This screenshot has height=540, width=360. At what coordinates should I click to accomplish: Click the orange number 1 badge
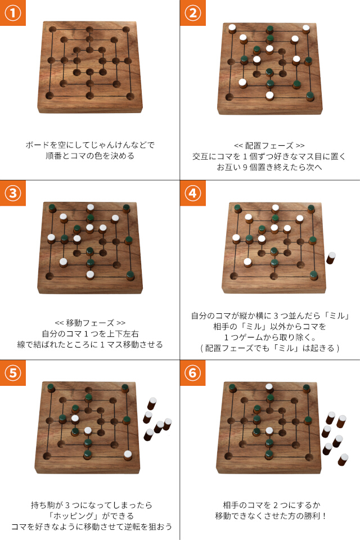coord(12,13)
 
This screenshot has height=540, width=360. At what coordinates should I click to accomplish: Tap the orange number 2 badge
coord(192,13)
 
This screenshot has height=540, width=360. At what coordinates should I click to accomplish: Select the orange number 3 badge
coord(12,193)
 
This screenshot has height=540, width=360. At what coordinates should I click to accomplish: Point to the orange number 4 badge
coord(192,193)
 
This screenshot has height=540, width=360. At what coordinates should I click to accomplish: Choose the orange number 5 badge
coord(12,373)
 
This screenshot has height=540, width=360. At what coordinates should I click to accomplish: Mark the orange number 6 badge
coord(192,373)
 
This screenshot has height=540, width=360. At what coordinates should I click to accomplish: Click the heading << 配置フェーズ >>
coord(269,145)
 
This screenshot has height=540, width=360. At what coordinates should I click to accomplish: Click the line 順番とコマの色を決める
coord(90,156)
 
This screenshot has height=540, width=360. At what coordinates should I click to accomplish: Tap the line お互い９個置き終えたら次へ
coord(269,167)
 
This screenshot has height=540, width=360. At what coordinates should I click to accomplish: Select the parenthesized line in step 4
coord(269,348)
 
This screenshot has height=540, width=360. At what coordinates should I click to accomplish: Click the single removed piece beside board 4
coord(331,258)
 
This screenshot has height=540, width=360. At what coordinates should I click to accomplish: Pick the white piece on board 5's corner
coord(128,454)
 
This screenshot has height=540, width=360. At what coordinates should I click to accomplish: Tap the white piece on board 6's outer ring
coord(269,387)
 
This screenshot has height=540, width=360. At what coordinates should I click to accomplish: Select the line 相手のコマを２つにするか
coord(269,505)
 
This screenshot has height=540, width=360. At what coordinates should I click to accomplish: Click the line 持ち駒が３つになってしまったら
coord(90,505)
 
